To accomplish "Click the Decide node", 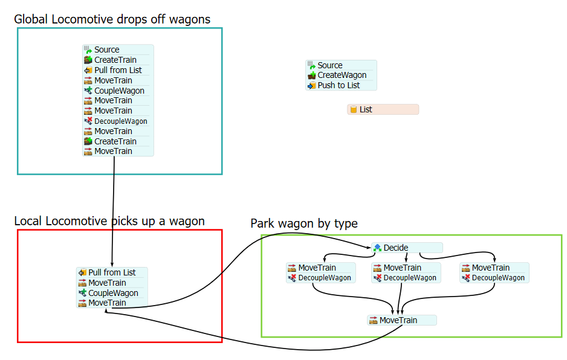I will pos(396,248).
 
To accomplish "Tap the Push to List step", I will pos(339,86).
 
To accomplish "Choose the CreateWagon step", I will pos(342,76).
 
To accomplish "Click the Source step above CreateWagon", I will pos(329,65).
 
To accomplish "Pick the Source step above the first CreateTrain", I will pos(106,50).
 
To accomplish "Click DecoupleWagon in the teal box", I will pos(120,121).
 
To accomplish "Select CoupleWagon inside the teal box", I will pos(119,91).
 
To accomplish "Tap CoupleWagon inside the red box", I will pos(113,293).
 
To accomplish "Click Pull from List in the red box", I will pos(112,272).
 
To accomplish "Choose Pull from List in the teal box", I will pos(118,70).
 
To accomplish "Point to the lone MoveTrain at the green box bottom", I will pos(398,320).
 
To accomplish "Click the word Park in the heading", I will pos(263,224).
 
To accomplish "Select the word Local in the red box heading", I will pos(28,221).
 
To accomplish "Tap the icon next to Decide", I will pos(377,248).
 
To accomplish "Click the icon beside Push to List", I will pos(312,86).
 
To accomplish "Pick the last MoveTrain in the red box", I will pos(107,303).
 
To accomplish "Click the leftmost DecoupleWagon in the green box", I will pos(325,278).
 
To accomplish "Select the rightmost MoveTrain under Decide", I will pos(490,268).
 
